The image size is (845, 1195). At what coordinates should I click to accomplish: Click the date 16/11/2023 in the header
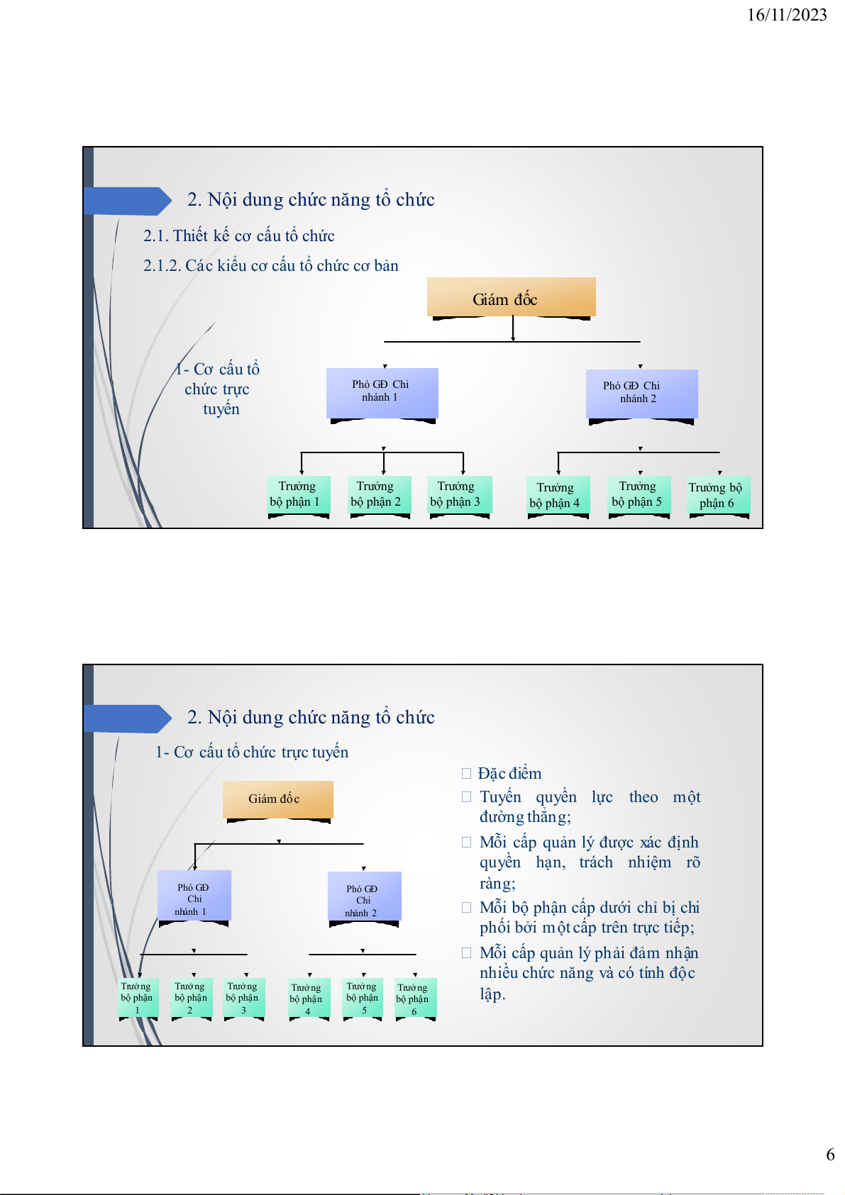pyautogui.click(x=786, y=15)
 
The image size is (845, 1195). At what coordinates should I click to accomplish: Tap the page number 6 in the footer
pyautogui.click(x=830, y=1155)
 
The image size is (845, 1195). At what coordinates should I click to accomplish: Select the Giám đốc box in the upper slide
pyautogui.click(x=511, y=297)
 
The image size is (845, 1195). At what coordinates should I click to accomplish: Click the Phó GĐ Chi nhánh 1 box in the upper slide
pyautogui.click(x=382, y=392)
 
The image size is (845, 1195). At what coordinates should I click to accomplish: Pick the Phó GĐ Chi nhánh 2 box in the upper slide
pyautogui.click(x=641, y=393)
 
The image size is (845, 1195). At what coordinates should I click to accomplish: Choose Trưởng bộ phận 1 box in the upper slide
pyautogui.click(x=299, y=494)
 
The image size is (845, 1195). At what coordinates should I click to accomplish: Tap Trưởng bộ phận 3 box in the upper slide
pyautogui.click(x=458, y=494)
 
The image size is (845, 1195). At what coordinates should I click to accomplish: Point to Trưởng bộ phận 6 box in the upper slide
pyautogui.click(x=718, y=495)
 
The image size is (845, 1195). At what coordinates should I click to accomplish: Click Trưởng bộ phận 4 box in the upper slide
pyautogui.click(x=558, y=495)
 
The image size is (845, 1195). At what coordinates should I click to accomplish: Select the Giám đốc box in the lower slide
pyautogui.click(x=277, y=799)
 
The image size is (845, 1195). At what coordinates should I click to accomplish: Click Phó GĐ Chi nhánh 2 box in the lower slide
pyautogui.click(x=364, y=897)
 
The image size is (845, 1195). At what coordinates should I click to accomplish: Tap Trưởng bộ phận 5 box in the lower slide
pyautogui.click(x=363, y=998)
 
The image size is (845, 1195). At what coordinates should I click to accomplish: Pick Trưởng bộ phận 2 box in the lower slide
pyautogui.click(x=191, y=998)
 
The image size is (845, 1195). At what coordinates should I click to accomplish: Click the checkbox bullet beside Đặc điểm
pyautogui.click(x=466, y=773)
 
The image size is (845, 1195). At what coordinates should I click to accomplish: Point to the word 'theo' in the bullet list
pyautogui.click(x=643, y=797)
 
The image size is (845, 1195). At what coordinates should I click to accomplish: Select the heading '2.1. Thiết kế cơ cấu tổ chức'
pyautogui.click(x=238, y=235)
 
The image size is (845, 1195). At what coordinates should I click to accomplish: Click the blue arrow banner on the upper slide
pyautogui.click(x=127, y=201)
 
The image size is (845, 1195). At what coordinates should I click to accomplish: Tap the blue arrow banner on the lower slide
pyautogui.click(x=127, y=718)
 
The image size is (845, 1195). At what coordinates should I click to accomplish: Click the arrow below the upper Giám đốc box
pyautogui.click(x=513, y=329)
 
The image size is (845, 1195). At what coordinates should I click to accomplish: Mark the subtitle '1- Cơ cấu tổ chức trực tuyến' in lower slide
pyautogui.click(x=252, y=752)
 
